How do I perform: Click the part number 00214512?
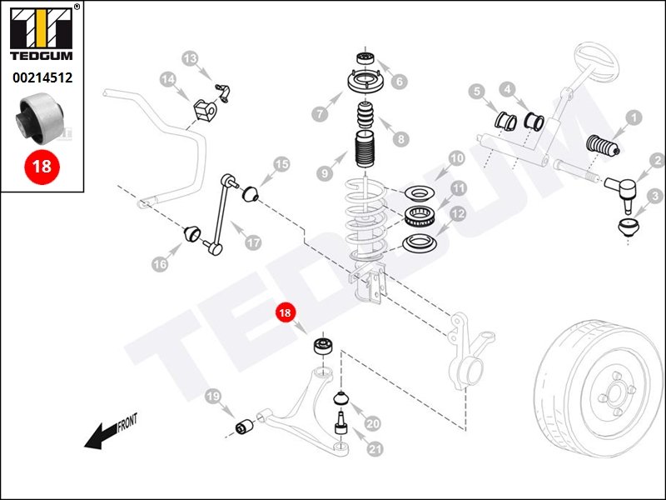pyautogui.click(x=42, y=79)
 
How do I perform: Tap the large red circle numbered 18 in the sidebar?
pyautogui.click(x=41, y=166)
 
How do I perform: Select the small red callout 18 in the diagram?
pyautogui.click(x=286, y=314)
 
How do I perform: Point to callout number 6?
pyautogui.click(x=400, y=82)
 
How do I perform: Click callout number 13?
pyautogui.click(x=191, y=58)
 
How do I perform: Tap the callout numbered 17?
pyautogui.click(x=253, y=243)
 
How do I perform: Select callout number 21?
pyautogui.click(x=375, y=449)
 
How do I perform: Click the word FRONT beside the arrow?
pyautogui.click(x=127, y=425)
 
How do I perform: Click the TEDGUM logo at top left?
pyautogui.click(x=41, y=34)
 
